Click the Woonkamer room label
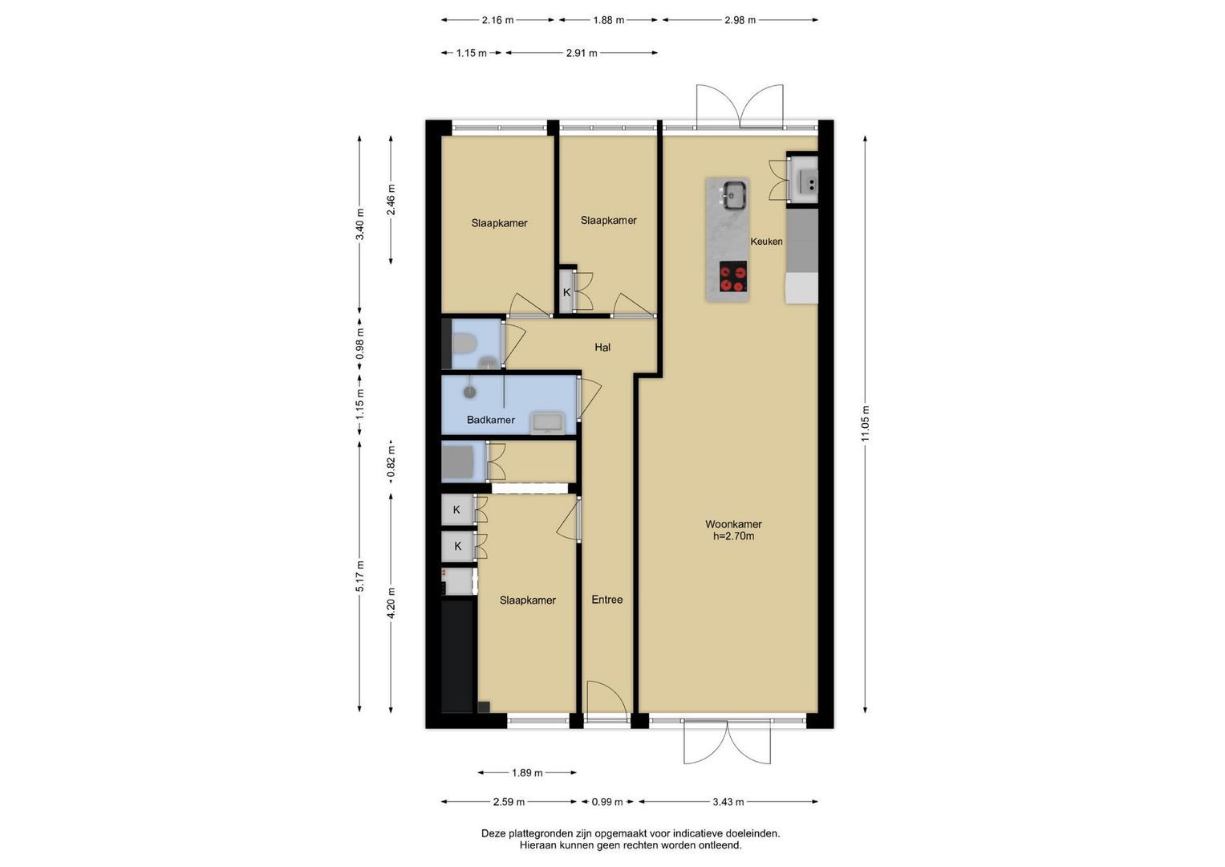[x=733, y=523]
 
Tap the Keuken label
[x=766, y=242]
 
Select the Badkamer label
[x=490, y=420]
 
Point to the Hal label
[x=602, y=347]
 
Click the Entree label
[x=607, y=600]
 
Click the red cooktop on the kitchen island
[x=733, y=277]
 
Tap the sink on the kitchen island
[x=735, y=195]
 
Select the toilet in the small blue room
[x=464, y=344]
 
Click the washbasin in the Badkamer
[x=549, y=424]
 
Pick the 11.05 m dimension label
[x=865, y=424]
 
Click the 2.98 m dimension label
[x=740, y=20]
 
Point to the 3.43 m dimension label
[x=728, y=802]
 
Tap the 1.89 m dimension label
[x=527, y=773]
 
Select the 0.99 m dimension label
[x=607, y=802]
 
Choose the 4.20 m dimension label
[x=391, y=603]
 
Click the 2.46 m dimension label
[x=391, y=200]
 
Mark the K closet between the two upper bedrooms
[x=566, y=292]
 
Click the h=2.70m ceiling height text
[x=733, y=536]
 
